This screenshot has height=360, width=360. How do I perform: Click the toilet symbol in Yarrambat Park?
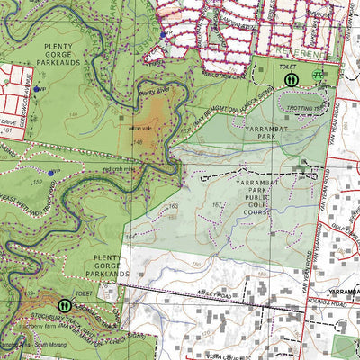tap(291, 79)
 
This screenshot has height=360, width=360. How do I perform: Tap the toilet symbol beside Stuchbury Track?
tap(64, 305)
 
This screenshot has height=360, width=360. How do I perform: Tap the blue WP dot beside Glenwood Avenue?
tap(36, 90)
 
